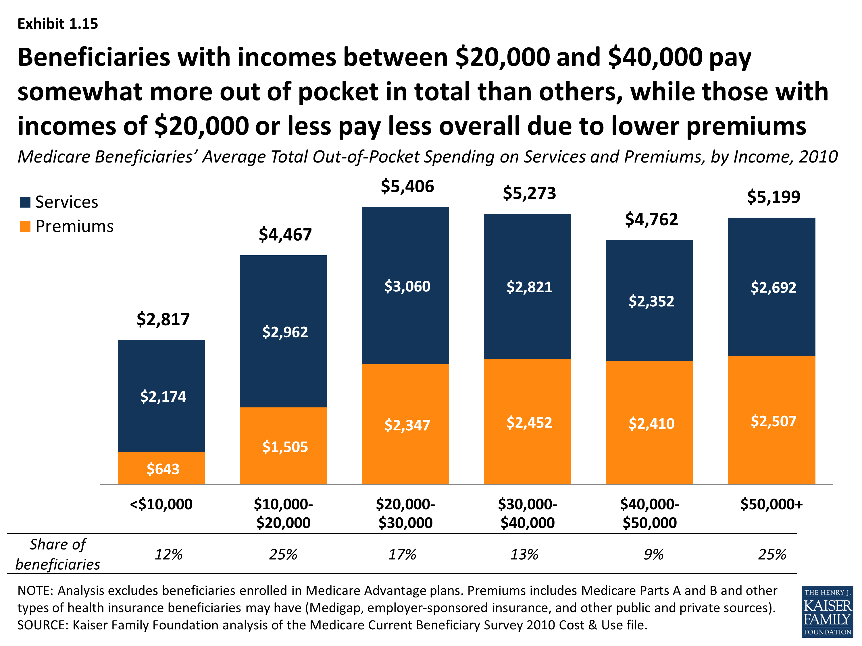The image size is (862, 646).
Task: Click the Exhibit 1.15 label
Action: [58, 24]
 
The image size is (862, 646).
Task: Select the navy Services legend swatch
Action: [25, 202]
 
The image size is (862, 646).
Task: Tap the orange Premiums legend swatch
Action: [25, 227]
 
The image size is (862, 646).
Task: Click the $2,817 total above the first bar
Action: [163, 319]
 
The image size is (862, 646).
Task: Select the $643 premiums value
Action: [163, 469]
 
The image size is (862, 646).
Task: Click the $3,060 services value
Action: [407, 286]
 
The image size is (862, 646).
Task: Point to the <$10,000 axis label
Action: [161, 504]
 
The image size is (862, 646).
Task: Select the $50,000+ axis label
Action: [771, 504]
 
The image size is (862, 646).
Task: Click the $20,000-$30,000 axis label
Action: [405, 513]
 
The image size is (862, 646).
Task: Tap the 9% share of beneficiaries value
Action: [653, 554]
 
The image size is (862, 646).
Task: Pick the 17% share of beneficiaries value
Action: [402, 554]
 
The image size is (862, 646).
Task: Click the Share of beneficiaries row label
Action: [58, 554]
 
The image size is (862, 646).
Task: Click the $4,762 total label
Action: [651, 220]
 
